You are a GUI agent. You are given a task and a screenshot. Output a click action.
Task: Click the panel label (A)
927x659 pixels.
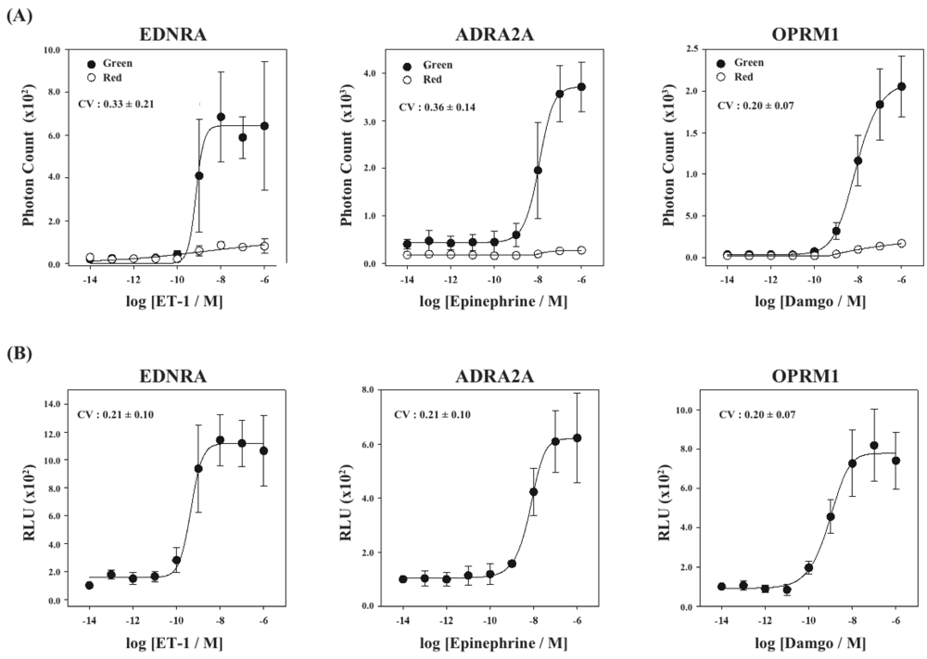[x=19, y=15]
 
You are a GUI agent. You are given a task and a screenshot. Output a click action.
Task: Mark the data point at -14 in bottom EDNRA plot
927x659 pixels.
[x=89, y=585]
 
